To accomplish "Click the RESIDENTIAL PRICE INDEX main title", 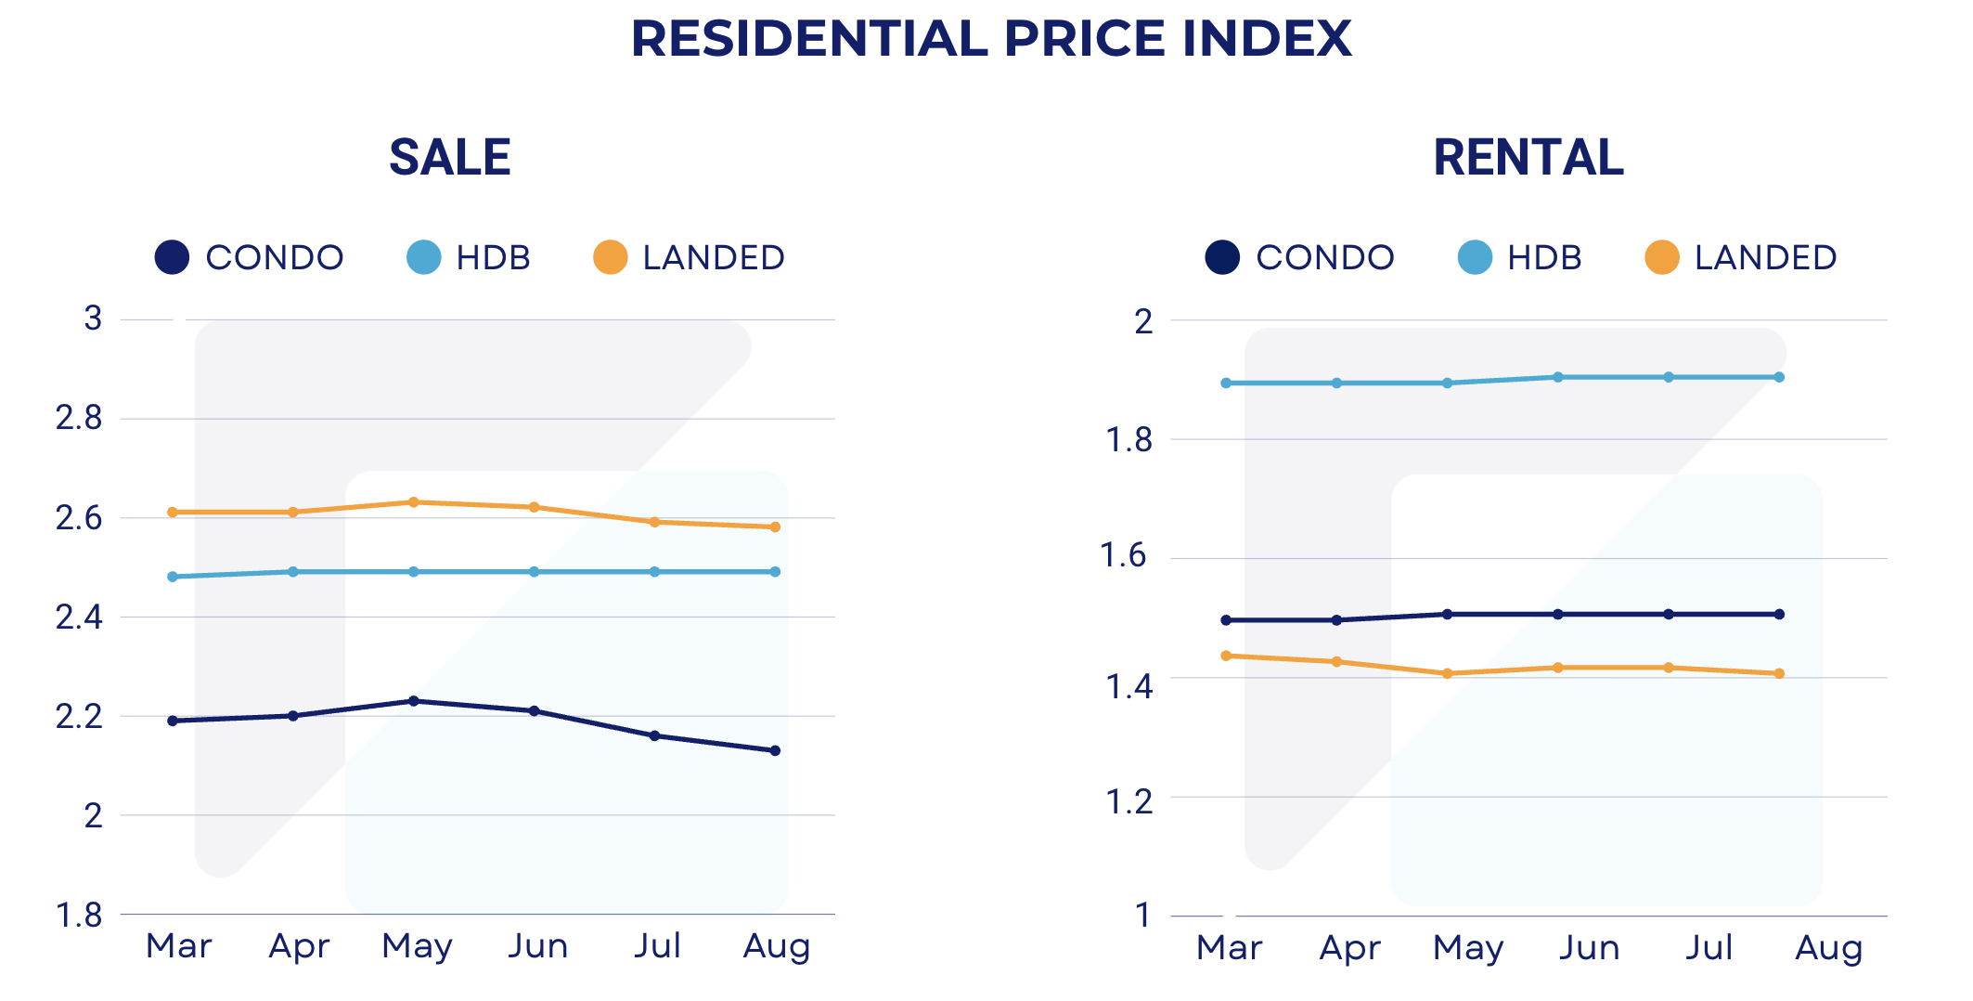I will tap(990, 39).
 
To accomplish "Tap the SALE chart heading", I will tap(449, 157).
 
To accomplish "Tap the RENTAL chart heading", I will tap(1528, 157).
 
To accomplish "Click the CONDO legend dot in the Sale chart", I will tap(172, 257).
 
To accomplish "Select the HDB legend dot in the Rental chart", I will tap(1475, 257).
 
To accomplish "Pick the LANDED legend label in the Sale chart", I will tap(714, 257).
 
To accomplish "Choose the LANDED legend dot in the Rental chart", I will tap(1661, 257).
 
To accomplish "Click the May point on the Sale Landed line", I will tap(414, 502).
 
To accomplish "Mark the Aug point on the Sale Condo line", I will tap(775, 750).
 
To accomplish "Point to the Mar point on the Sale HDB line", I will tap(173, 577).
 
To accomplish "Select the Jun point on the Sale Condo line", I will tap(535, 711).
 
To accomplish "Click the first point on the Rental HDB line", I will tap(1226, 383).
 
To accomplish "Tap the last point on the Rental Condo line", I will tap(1779, 614).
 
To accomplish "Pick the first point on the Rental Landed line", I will tap(1226, 656).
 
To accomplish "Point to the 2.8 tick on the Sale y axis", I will tap(79, 418).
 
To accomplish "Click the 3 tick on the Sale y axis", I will tap(93, 318).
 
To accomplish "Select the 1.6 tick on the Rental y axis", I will tap(1123, 555).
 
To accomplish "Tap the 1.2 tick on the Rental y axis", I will tap(1128, 800).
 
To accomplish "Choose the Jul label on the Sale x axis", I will tap(657, 945).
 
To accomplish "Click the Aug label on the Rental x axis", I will tap(1828, 947).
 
